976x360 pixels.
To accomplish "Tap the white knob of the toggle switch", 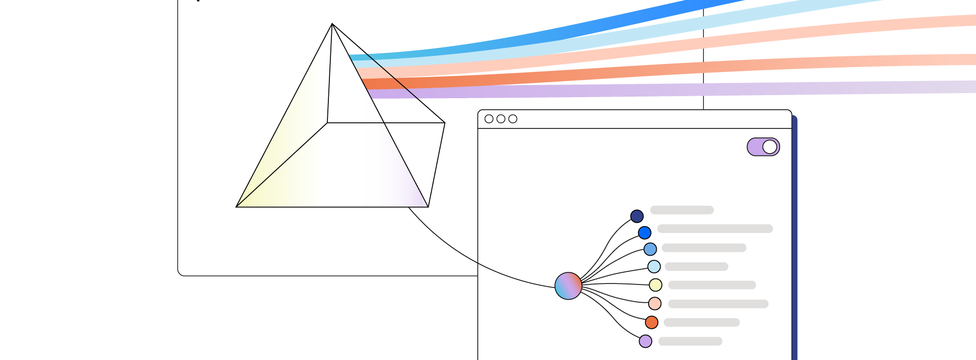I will coord(770,147).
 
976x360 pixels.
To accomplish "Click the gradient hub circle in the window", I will coord(568,286).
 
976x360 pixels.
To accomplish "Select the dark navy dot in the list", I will coord(637,217).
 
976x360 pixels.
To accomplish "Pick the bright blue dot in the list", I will coord(645,233).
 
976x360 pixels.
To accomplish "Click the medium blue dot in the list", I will coord(650,249).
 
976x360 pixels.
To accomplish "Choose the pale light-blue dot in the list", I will coord(654,266).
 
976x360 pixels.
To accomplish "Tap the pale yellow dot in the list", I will coord(655,285).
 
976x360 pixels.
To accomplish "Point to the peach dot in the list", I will coord(655,304).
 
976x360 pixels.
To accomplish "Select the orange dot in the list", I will coord(652,322).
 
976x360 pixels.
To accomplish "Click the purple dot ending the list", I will coord(646,341).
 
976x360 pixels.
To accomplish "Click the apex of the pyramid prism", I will coord(332,24).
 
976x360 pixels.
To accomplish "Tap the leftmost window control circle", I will coord(489,119).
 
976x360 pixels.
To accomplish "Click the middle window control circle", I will coord(501,119).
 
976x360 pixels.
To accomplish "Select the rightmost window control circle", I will coord(513,119).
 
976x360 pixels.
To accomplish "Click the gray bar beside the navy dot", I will coord(682,210).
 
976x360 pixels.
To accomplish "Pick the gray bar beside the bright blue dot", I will coord(715,229).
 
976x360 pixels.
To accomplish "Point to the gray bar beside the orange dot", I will coord(702,322).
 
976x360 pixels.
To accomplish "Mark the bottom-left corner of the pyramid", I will coord(237,206).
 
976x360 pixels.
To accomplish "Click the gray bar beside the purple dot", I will coord(690,341).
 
